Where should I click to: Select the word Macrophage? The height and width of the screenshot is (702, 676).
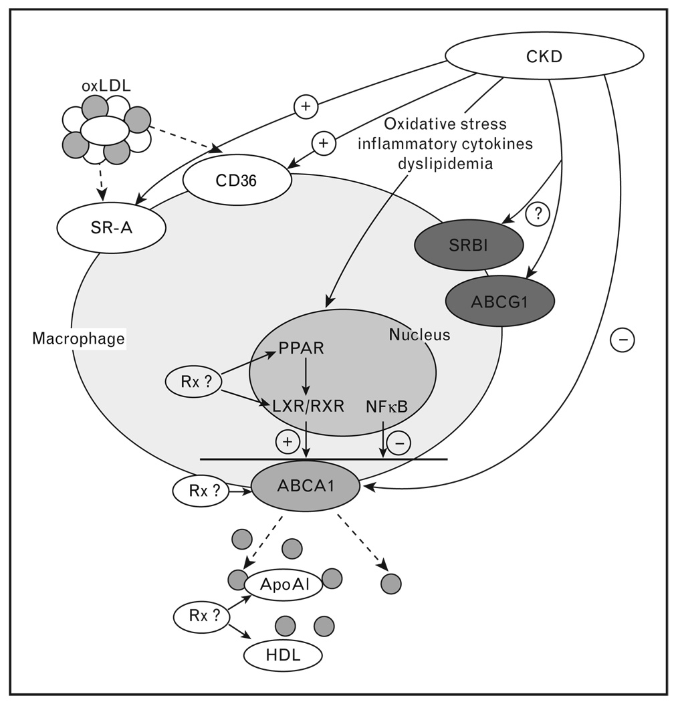(x=79, y=339)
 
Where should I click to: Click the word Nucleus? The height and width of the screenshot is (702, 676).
(x=419, y=335)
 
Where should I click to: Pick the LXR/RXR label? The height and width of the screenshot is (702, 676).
(x=306, y=405)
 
